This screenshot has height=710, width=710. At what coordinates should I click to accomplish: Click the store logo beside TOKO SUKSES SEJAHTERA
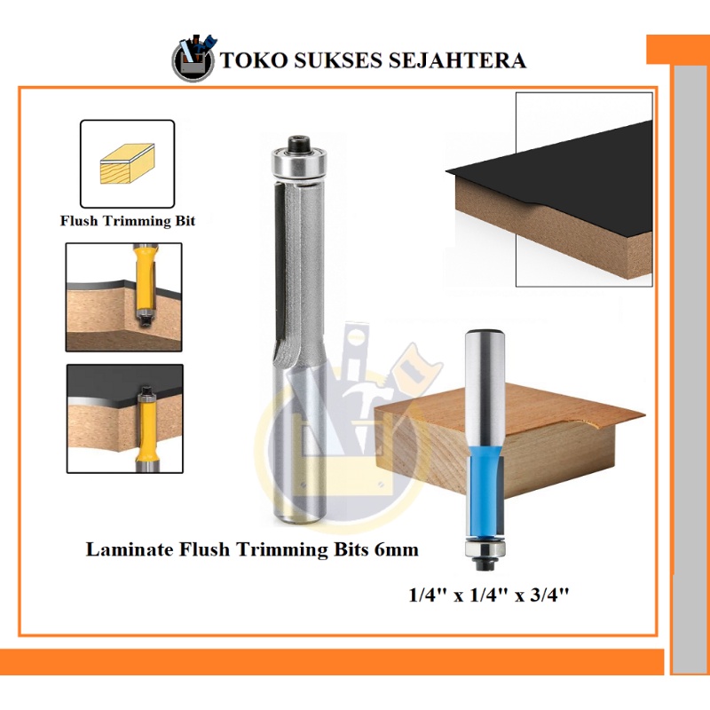[x=193, y=59]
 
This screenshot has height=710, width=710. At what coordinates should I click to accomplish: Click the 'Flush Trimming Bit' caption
[x=127, y=221]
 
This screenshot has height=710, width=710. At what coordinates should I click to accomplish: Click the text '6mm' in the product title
[x=396, y=550]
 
